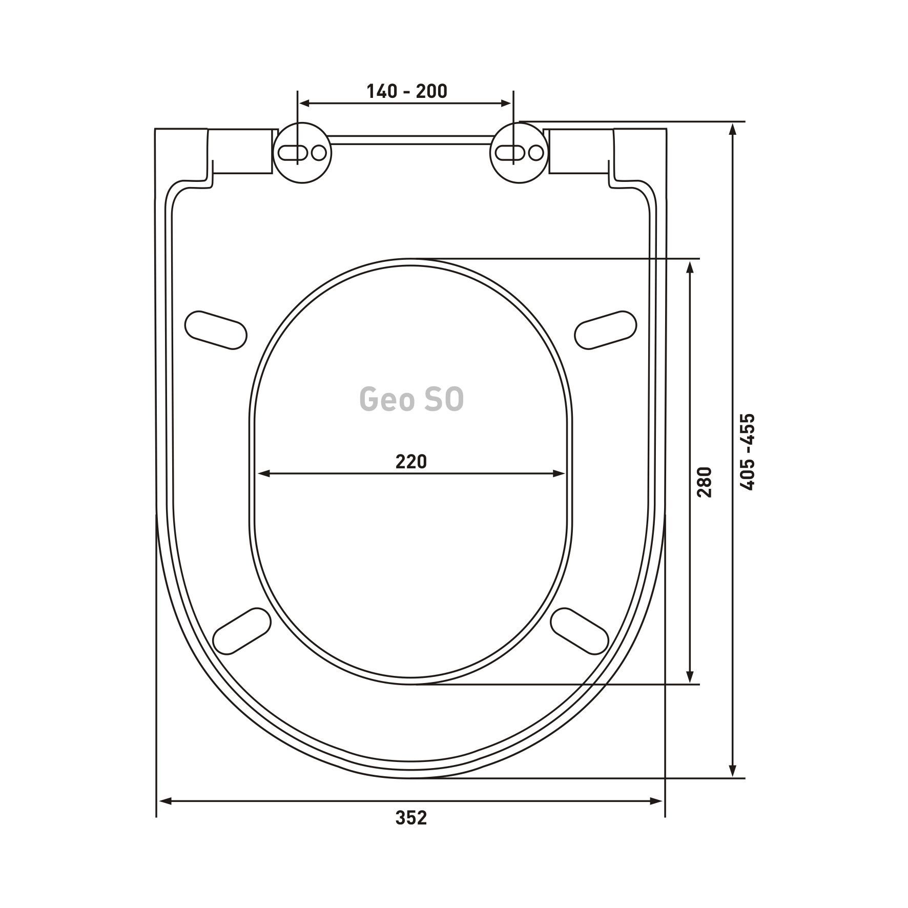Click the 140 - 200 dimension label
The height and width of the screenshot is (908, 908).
click(x=406, y=91)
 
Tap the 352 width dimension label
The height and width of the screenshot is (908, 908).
click(x=411, y=832)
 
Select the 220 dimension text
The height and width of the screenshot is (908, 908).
click(x=411, y=462)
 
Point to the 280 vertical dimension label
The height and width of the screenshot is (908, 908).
click(x=705, y=482)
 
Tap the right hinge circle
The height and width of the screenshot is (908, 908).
click(x=520, y=153)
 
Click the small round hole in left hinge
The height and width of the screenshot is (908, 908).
click(x=319, y=153)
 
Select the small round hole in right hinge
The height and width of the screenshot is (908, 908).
click(x=536, y=153)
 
